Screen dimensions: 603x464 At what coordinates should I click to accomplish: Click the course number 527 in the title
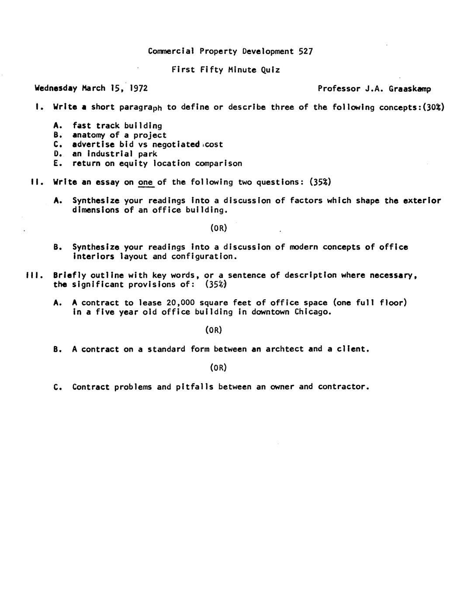pyautogui.click(x=305, y=51)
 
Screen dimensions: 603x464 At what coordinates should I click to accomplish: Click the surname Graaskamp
pyautogui.click(x=410, y=89)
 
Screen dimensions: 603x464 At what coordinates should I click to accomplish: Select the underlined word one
pyautogui.click(x=145, y=182)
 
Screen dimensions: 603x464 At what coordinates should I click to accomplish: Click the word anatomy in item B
pyautogui.click(x=88, y=135)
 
